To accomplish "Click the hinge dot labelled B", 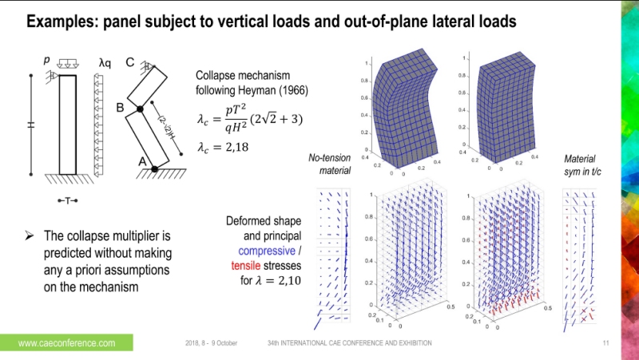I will (139, 108).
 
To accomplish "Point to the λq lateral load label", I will (105, 61).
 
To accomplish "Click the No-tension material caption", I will (329, 164).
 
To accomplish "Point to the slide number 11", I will (605, 343).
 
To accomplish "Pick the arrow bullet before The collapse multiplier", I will (29, 236).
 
